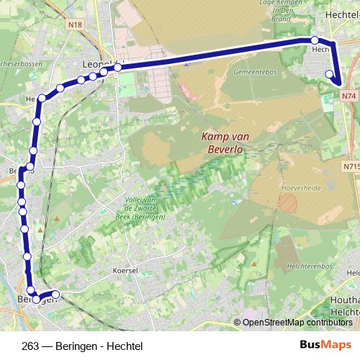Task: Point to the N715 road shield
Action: [x=351, y=166]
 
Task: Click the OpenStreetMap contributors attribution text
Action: [x=297, y=323]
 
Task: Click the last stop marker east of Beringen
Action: [x=55, y=294]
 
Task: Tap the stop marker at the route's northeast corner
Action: [x=315, y=40]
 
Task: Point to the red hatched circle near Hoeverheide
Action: [x=287, y=203]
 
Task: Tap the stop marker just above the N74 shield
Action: [x=330, y=73]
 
